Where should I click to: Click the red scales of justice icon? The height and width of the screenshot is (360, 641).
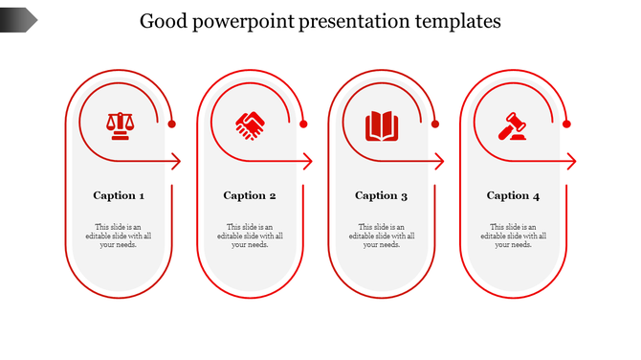120,125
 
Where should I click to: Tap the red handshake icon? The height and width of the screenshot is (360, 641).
251,125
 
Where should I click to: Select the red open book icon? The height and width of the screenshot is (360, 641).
382,125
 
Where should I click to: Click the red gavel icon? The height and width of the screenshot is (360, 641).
514,125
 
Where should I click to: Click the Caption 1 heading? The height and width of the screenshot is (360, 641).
119,195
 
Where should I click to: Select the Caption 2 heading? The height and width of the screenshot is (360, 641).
250,195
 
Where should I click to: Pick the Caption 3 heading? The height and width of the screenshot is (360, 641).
382,195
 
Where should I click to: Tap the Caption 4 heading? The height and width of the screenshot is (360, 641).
513,195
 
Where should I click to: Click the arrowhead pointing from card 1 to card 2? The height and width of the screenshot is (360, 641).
177,162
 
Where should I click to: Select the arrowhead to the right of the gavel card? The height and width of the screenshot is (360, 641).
571,162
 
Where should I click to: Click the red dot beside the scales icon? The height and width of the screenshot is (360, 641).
172,124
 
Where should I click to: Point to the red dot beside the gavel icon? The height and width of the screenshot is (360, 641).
566,124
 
